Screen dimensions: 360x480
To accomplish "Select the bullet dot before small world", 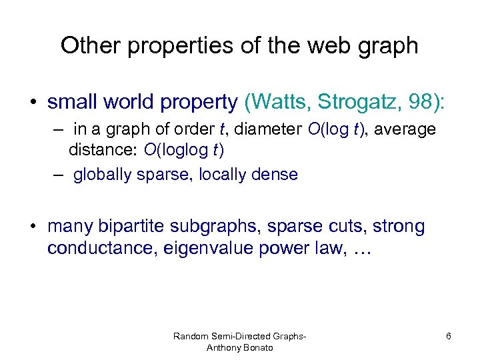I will (32, 103).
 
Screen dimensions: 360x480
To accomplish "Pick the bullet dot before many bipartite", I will (32, 227).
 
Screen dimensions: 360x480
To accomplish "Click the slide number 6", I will (448, 336).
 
